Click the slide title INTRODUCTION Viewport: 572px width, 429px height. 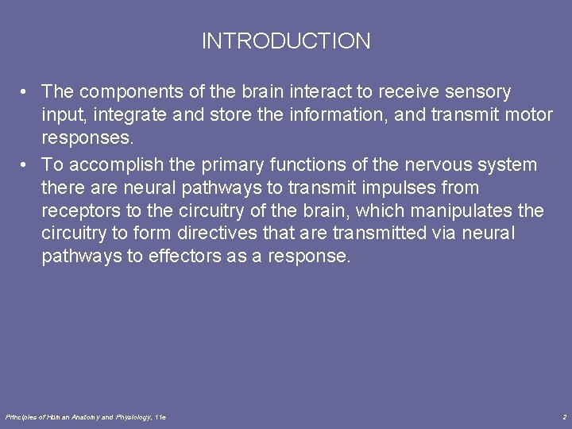pyautogui.click(x=286, y=41)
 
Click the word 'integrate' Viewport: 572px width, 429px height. pyautogui.click(x=129, y=115)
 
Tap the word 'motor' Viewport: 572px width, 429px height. pyautogui.click(x=529, y=115)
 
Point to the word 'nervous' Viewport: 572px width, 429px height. pyautogui.click(x=439, y=165)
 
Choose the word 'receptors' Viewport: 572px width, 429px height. pyautogui.click(x=79, y=211)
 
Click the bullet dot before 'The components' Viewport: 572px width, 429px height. pyautogui.click(x=26, y=92)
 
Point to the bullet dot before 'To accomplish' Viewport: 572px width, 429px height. pyautogui.click(x=26, y=165)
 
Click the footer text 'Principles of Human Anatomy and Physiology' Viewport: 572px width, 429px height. pyautogui.click(x=79, y=416)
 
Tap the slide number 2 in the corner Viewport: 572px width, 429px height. pyautogui.click(x=563, y=416)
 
